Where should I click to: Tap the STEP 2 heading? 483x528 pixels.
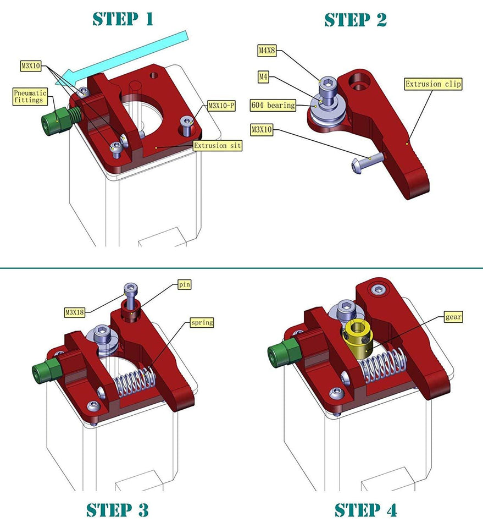tap(356, 19)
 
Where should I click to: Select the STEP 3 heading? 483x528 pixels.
tap(117, 509)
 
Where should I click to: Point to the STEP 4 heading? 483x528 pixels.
tap(365, 509)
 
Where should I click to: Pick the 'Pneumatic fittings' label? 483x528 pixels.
tap(31, 97)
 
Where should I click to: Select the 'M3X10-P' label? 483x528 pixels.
tap(221, 106)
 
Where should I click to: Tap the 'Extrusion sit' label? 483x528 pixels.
tap(217, 146)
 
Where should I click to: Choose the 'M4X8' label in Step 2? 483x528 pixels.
tap(267, 51)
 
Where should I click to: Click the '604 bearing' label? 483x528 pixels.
tap(273, 105)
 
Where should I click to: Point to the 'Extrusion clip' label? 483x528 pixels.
tap(433, 84)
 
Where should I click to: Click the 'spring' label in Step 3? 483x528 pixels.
tap(202, 322)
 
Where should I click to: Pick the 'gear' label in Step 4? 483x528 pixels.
tap(454, 317)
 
